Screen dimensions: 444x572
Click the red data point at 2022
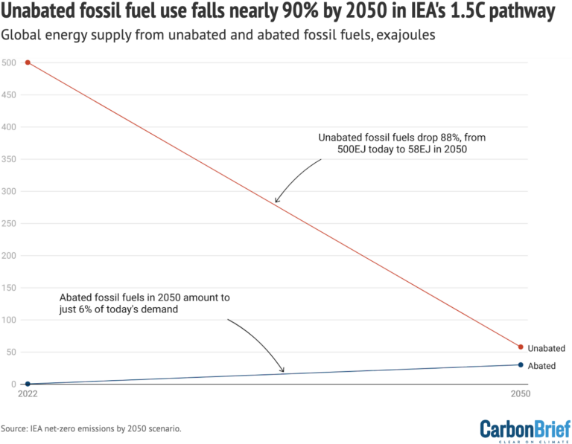pyautogui.click(x=28, y=62)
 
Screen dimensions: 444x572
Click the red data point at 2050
pyautogui.click(x=521, y=347)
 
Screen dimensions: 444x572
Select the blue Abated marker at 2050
pyautogui.click(x=521, y=364)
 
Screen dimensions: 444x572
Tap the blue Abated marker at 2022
pyautogui.click(x=28, y=384)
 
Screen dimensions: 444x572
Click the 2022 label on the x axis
pyautogui.click(x=27, y=396)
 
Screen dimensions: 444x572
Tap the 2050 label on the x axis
pyautogui.click(x=520, y=396)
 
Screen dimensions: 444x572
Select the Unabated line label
pyautogui.click(x=546, y=348)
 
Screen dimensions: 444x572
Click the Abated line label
pyautogui.click(x=541, y=366)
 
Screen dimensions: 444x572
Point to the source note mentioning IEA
pyautogui.click(x=91, y=429)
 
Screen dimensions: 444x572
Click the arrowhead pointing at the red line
pyautogui.click(x=276, y=201)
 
